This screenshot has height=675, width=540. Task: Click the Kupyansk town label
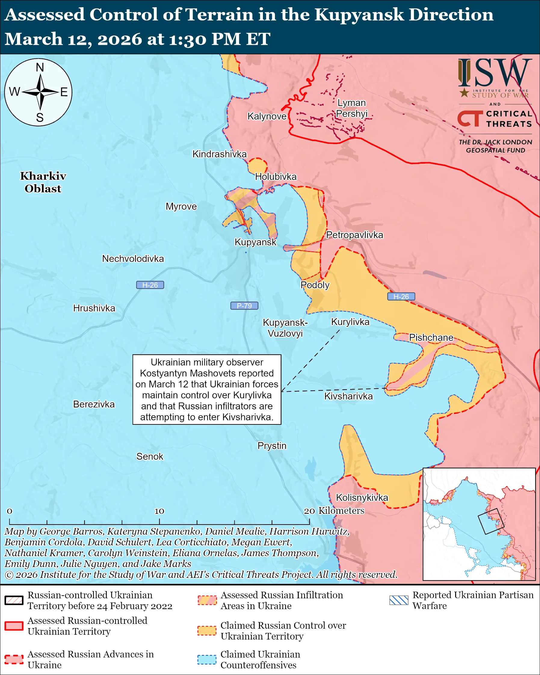255,242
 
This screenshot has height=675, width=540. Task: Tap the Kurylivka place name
350,322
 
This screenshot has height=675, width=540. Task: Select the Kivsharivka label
348,396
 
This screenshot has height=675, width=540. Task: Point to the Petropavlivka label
354,235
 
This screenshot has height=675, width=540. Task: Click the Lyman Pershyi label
352,108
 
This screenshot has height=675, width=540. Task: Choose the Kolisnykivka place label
362,498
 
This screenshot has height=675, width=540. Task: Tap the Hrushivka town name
94,308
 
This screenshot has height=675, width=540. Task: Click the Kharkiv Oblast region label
43,182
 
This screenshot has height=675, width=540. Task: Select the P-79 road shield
244,306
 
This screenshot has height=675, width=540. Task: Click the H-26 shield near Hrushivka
150,285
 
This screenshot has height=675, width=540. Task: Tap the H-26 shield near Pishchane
401,297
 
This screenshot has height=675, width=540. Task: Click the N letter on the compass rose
40,67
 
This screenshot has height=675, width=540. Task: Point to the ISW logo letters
495,73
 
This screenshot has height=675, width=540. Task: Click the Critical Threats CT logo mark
470,119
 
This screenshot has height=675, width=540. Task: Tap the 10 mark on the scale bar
159,511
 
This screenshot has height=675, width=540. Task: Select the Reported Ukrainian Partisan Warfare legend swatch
399,600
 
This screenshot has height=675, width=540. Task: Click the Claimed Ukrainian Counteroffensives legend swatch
207,659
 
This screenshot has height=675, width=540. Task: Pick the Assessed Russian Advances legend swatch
14,659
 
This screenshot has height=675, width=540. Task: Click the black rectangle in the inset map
491,522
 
